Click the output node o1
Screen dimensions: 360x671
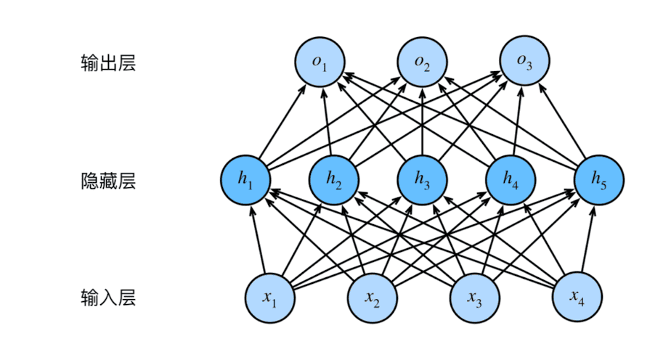(x=320, y=62)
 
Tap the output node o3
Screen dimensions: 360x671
(x=525, y=62)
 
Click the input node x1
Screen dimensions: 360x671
(x=271, y=297)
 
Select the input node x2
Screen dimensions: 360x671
(x=373, y=297)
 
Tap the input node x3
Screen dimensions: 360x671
(x=474, y=297)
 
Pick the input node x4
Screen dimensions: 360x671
(x=577, y=297)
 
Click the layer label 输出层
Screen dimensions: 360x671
(x=108, y=63)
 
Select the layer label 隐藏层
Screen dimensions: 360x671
(x=108, y=181)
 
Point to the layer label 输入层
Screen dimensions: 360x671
(x=108, y=298)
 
